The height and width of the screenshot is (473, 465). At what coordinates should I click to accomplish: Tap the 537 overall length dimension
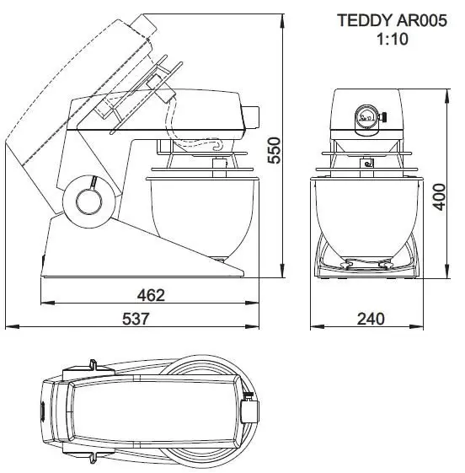pos(135,319)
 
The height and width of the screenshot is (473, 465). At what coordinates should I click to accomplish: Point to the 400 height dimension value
pos(437,199)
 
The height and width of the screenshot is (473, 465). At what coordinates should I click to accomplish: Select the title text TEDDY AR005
pos(381,20)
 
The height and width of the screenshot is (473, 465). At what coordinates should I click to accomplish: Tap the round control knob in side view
pos(88,200)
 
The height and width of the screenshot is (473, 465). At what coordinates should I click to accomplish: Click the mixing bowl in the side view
pos(200,215)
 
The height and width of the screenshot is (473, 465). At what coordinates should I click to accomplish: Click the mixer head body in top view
pos(143,411)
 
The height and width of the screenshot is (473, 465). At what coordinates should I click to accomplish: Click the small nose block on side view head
pos(252,114)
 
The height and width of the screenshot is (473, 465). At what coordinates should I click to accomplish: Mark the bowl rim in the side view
pos(200,178)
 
